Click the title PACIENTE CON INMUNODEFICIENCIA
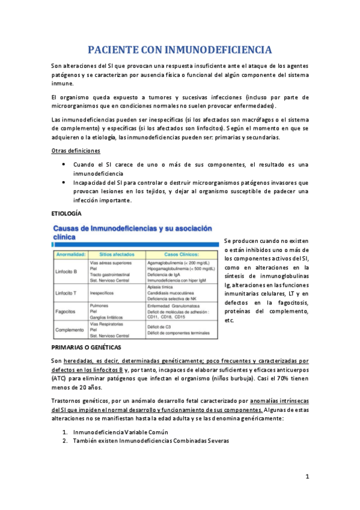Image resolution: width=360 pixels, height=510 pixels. (180, 49)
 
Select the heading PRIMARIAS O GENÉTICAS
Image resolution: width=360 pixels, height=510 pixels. (86, 348)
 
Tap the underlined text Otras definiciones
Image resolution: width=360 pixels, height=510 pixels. (76, 150)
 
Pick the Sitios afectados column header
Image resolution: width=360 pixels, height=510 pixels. (114, 254)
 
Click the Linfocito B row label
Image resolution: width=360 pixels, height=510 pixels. (67, 272)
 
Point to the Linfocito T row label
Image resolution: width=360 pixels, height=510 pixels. (67, 292)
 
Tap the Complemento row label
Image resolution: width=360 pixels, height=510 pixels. (69, 330)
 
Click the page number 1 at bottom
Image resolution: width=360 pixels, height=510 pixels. (307, 478)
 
